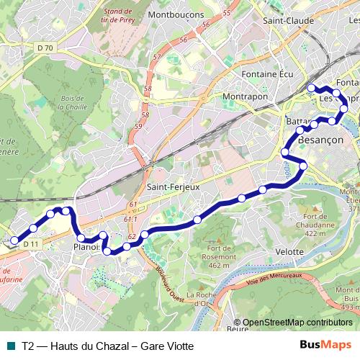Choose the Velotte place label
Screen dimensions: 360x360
[289, 251]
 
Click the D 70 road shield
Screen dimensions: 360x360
[45, 48]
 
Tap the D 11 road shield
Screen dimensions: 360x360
[30, 245]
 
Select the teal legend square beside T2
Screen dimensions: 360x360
[12, 346]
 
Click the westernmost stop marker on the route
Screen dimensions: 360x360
[14, 241]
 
